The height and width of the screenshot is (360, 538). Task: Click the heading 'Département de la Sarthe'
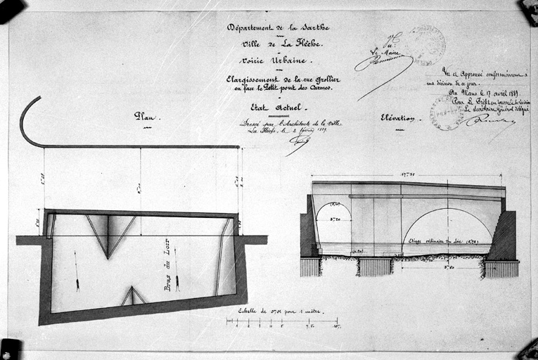tap(278, 28)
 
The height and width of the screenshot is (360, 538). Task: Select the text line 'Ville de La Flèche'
tap(277, 44)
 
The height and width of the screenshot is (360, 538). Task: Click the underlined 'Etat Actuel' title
tap(276, 108)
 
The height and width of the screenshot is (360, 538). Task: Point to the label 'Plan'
tap(146, 116)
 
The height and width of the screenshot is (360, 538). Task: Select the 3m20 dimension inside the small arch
tap(333, 219)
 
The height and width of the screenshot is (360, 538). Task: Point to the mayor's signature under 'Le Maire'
tap(383, 63)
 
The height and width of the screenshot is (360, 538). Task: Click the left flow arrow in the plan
tap(77, 271)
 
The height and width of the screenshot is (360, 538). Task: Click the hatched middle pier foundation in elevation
tap(375, 266)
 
